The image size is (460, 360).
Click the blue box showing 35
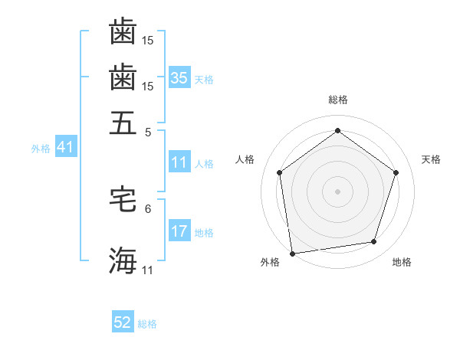coord(179,78)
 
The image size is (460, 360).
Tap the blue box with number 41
coord(64,148)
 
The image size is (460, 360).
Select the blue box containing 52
coord(123,323)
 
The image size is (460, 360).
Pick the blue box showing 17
coord(179,232)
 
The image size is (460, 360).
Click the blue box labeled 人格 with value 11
coord(179,162)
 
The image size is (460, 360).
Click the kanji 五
coord(123,123)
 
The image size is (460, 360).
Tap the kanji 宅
coord(123,198)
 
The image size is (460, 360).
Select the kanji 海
coord(123,260)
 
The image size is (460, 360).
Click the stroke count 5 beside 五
coord(148,132)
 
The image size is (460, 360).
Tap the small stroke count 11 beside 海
coord(148,270)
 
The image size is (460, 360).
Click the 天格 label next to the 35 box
coord(204,80)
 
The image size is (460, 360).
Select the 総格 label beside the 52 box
coord(147,325)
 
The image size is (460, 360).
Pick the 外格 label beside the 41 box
coord(41,149)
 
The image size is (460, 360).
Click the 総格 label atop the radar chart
coord(338,100)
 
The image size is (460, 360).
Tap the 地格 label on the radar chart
coord(402,262)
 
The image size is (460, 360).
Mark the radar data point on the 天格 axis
coord(396,172)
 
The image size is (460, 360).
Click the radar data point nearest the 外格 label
coord(292,253)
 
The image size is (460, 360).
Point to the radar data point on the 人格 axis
coord(279,172)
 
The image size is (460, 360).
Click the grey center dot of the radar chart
coord(338,191)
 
